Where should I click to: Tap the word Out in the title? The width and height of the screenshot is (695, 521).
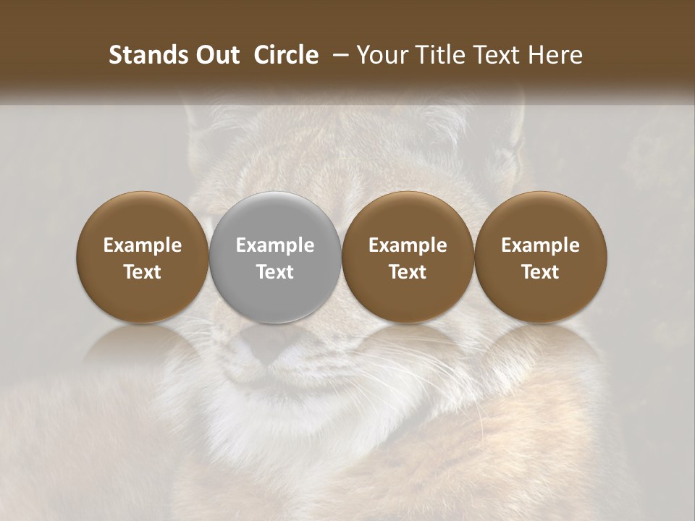click(x=216, y=55)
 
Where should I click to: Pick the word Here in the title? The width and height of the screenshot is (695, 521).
click(x=555, y=55)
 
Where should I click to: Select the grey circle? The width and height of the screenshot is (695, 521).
click(x=275, y=258)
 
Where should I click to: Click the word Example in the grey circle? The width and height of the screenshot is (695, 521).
click(x=275, y=245)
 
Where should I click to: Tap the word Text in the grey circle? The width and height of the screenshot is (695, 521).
click(x=275, y=272)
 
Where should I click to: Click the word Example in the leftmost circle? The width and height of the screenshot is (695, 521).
click(x=143, y=245)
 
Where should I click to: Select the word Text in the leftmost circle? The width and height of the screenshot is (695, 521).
click(x=143, y=272)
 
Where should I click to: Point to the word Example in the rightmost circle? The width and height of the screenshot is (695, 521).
click(x=541, y=245)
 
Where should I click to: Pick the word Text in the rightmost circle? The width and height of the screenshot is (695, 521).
click(x=541, y=272)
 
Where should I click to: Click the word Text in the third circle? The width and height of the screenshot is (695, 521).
click(x=408, y=272)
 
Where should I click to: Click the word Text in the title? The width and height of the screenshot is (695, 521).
click(x=500, y=55)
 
